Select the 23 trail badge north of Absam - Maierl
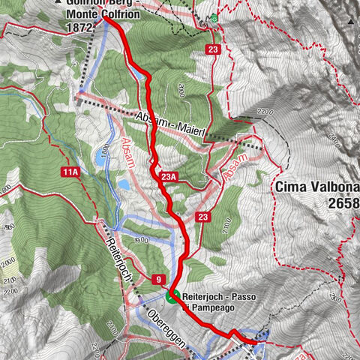point(214,50)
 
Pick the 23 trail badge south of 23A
point(202,217)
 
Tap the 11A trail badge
point(71,172)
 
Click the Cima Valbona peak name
point(316,187)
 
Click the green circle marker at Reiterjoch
point(173,295)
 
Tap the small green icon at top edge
point(214,18)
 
